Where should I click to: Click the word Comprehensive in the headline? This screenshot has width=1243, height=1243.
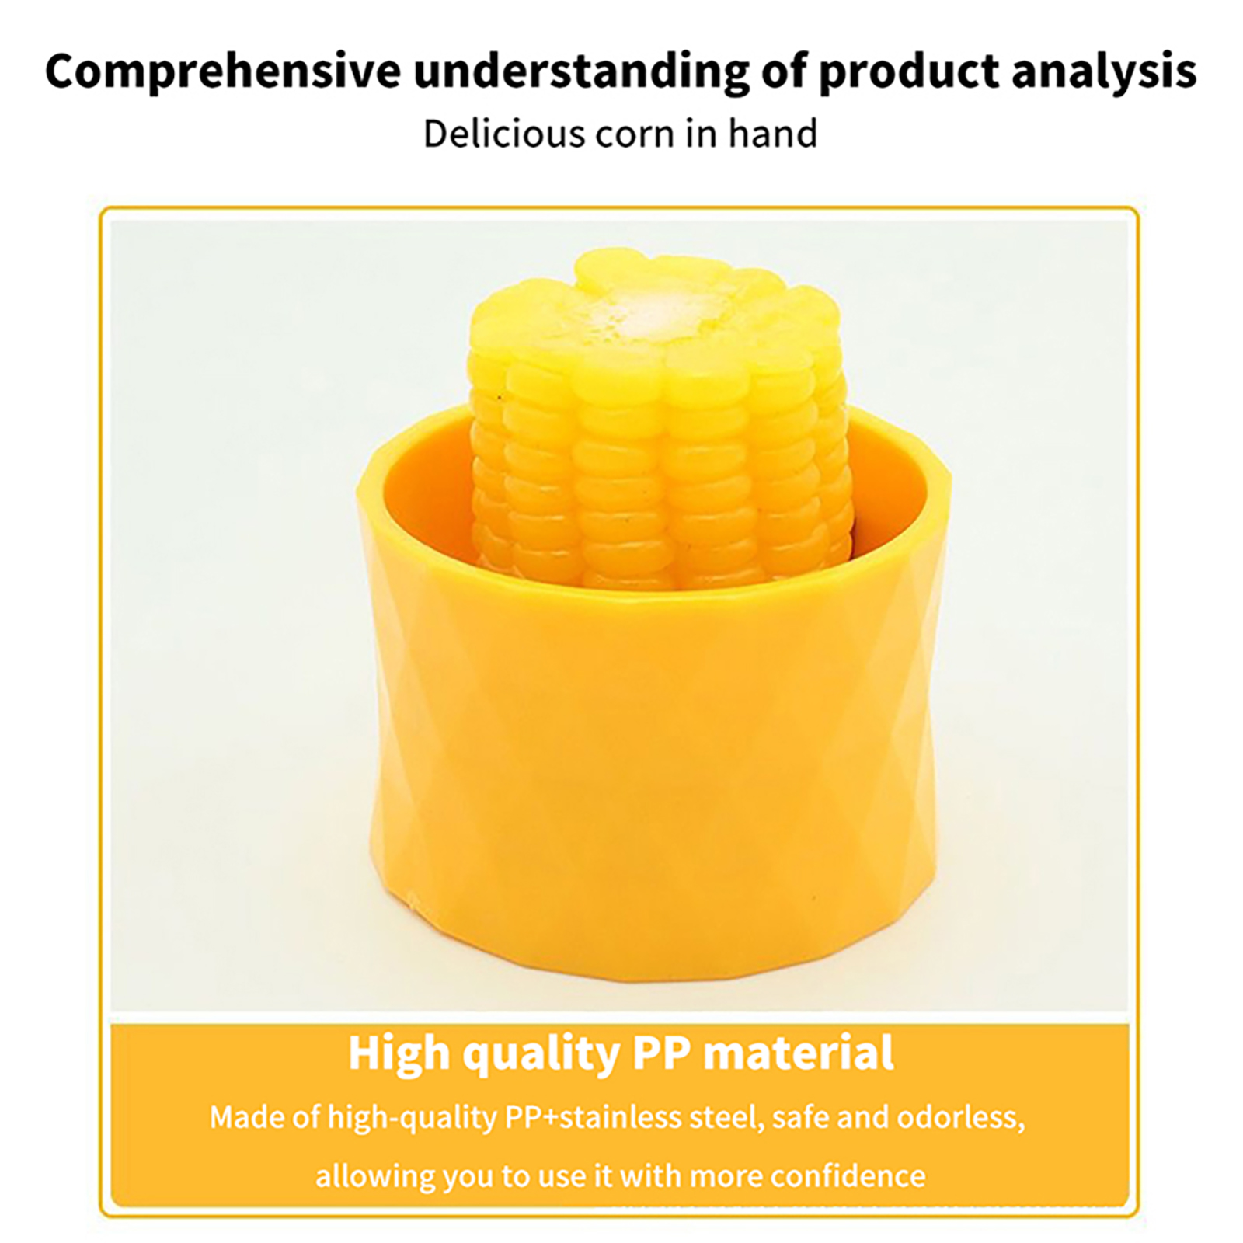coord(223,71)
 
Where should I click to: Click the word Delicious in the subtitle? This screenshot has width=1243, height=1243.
coord(503,133)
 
